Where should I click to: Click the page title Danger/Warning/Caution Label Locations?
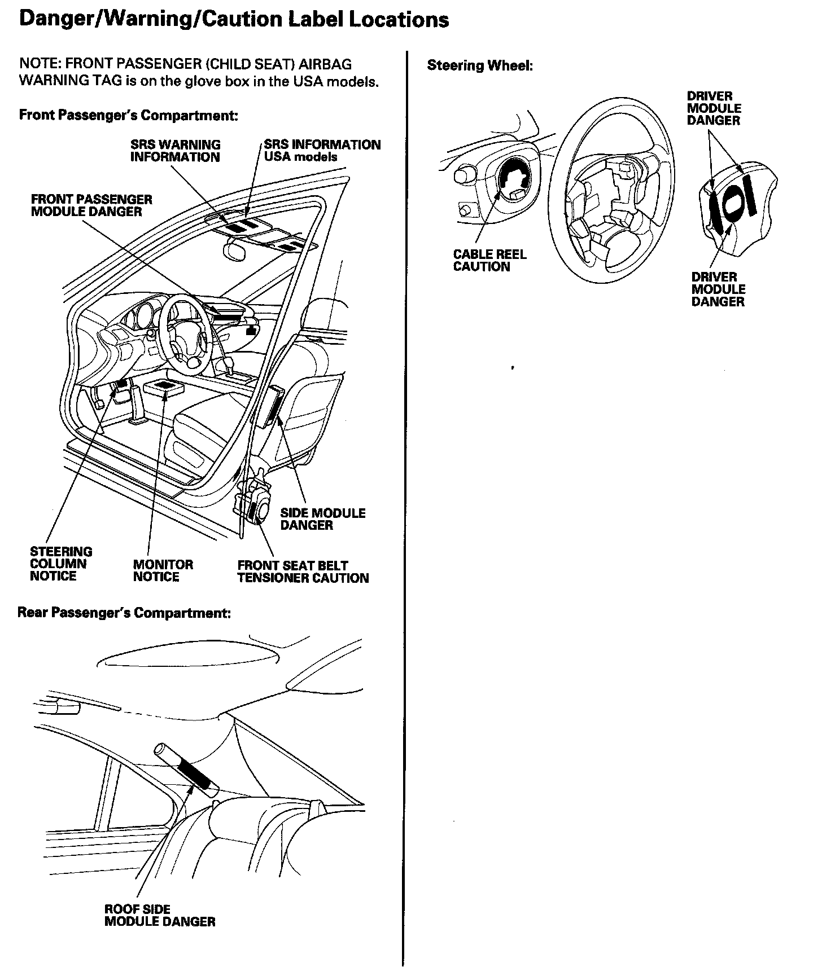pos(234,19)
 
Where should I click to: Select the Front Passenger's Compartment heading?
pos(128,115)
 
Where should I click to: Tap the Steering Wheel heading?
pos(480,65)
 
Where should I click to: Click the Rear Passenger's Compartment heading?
pos(124,613)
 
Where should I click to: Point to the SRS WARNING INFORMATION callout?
pos(175,151)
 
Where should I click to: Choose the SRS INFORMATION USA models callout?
pos(322,151)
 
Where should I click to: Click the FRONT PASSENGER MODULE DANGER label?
pos(91,205)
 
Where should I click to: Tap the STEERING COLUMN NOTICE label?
pos(60,564)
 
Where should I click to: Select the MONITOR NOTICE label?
pos(163,570)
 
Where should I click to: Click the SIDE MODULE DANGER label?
pos(322,519)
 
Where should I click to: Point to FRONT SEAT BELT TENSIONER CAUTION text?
pos(303,572)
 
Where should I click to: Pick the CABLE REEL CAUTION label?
pos(489,261)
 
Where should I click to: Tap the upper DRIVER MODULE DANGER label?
pos(714,108)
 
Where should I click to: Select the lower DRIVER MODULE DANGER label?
pos(718,289)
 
